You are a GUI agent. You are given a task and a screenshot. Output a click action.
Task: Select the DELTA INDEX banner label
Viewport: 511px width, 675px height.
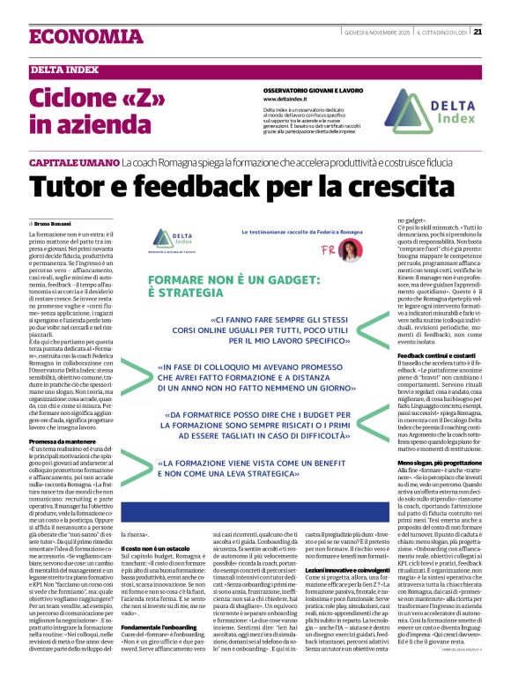coord(66,70)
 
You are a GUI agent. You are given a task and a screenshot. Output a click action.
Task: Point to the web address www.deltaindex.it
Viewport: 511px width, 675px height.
coord(285,100)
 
